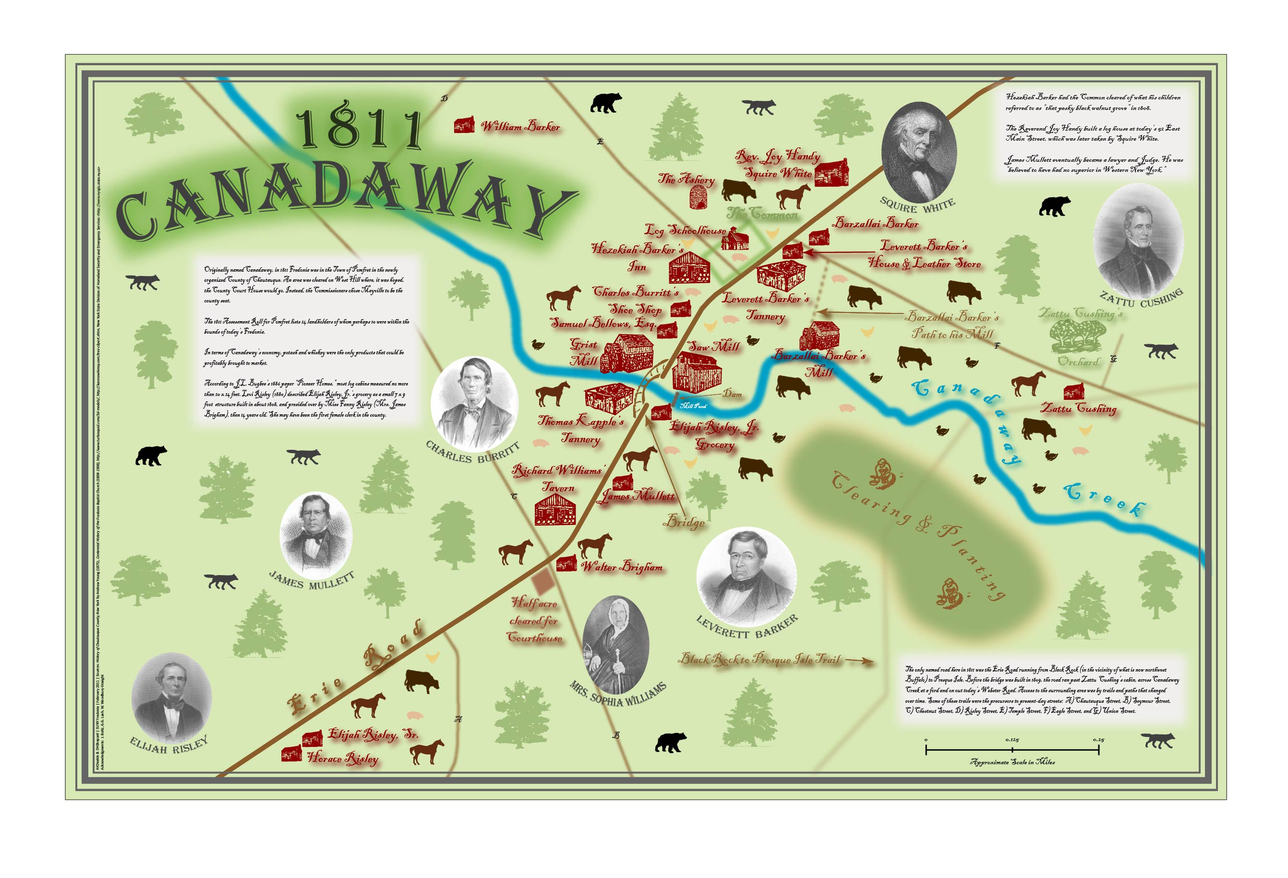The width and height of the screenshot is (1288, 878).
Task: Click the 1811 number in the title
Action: pyautogui.click(x=359, y=128)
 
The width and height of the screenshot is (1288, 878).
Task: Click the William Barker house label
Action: pyautogui.click(x=520, y=126)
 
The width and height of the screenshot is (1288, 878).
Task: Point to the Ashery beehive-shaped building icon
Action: pyautogui.click(x=699, y=197)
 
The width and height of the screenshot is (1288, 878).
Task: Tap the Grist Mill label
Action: pyautogui.click(x=584, y=352)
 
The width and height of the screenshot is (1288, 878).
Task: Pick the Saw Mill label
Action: pyautogui.click(x=714, y=347)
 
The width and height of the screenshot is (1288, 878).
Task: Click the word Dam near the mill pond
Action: pyautogui.click(x=732, y=394)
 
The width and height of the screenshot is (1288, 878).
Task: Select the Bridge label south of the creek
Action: pyautogui.click(x=686, y=522)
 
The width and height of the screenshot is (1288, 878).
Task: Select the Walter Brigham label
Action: pyautogui.click(x=621, y=566)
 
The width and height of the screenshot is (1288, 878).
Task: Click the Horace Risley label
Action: pyautogui.click(x=342, y=758)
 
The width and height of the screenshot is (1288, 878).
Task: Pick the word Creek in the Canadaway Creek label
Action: pyautogui.click(x=1104, y=501)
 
